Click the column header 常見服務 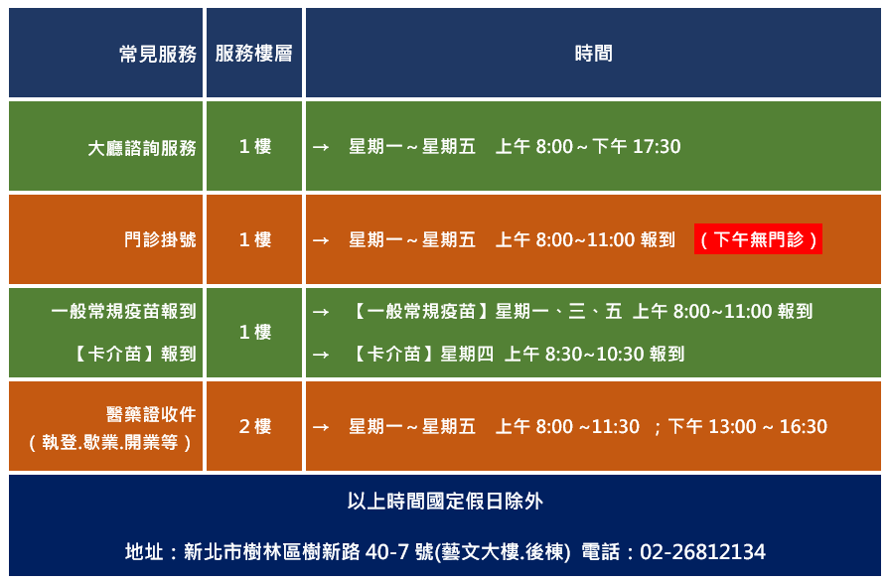coord(158,54)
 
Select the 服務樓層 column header coord(253,54)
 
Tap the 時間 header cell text coord(593,54)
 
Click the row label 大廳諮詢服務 coord(142,148)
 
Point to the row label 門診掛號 coord(161,239)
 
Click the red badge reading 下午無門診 coord(758,239)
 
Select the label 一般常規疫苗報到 coord(123,311)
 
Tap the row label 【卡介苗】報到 coord(134,354)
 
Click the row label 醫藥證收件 coord(151,414)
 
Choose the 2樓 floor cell coord(254,426)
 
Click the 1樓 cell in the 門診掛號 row coord(254,239)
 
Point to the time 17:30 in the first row coord(657,147)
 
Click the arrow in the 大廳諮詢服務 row coord(321,147)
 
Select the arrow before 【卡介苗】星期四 coord(321,355)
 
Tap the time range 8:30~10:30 coord(595,355)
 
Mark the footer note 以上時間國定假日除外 coord(445,502)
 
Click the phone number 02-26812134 coord(702,552)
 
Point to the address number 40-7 coord(387,552)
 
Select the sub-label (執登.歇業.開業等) coord(110,442)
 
